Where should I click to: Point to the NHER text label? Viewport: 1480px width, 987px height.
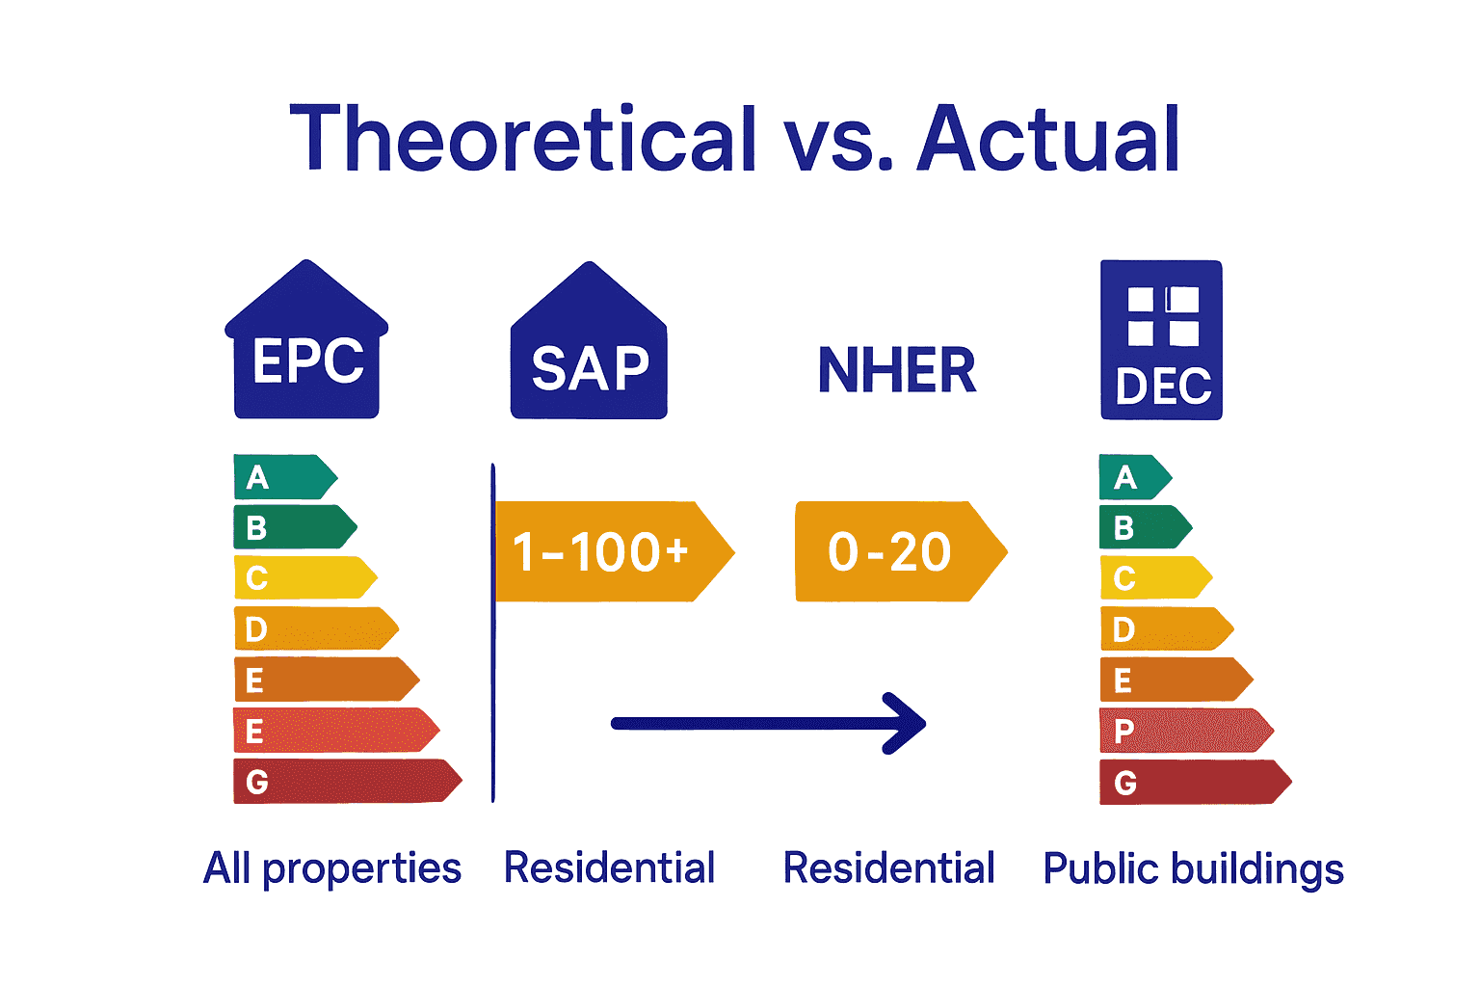coord(896,371)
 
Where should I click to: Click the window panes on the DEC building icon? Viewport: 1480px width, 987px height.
coord(1162,316)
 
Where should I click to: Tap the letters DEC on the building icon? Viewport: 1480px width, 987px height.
coord(1162,387)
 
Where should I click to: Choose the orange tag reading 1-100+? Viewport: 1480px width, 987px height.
coord(607,551)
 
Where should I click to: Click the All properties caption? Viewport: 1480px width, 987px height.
coord(332,868)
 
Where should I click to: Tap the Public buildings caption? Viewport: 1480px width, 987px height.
coord(1193,868)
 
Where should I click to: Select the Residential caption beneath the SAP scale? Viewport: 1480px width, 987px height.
coord(609,867)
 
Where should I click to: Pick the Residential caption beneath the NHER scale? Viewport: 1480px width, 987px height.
coord(888,867)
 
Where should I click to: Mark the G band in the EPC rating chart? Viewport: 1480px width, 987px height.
coord(342,781)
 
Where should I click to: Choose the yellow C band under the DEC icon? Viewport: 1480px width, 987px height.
coord(1152,578)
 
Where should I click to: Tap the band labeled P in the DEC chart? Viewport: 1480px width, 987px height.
coord(1181,731)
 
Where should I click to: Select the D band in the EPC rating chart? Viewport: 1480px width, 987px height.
coord(312,629)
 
